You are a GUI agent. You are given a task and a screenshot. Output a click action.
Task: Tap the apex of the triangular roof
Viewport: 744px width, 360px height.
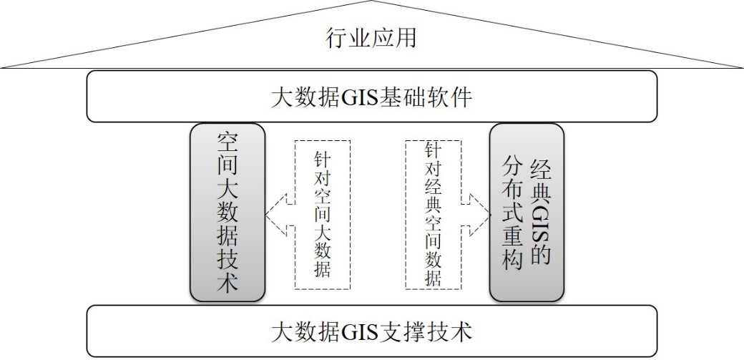(371, 2)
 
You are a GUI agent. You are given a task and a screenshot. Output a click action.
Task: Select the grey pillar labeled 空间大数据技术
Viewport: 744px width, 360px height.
(227, 212)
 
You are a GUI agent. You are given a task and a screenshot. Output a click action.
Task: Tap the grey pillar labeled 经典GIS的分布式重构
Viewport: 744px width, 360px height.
(527, 212)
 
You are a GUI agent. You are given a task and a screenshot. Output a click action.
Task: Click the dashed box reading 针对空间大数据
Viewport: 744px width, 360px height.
(323, 213)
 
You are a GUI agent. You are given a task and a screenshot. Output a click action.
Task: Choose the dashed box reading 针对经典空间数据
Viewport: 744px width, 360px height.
(433, 213)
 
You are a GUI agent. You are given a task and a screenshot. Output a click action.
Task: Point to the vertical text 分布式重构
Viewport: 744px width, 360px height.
(512, 213)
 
